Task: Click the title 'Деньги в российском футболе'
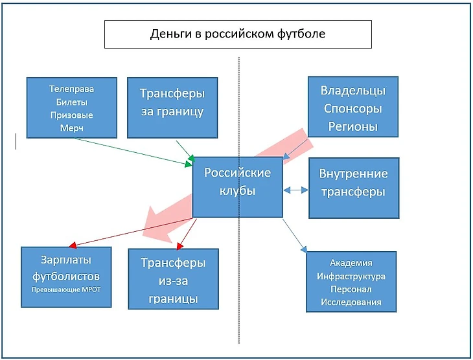[x=238, y=34]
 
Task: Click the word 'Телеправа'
[x=72, y=89]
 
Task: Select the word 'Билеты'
[x=72, y=102]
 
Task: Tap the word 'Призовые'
[x=72, y=115]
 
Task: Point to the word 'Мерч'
[x=72, y=128]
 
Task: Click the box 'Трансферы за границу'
[x=172, y=102]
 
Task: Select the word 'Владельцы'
[x=353, y=91]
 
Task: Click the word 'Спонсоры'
[x=353, y=109]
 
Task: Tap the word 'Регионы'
[x=353, y=127]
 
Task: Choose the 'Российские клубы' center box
[x=238, y=182]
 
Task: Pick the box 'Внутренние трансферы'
[x=353, y=183]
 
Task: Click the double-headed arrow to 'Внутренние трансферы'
[x=295, y=190]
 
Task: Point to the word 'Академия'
[x=351, y=263]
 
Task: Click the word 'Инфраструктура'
[x=351, y=276]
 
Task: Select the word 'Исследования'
[x=351, y=302]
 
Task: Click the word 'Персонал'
[x=351, y=289]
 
